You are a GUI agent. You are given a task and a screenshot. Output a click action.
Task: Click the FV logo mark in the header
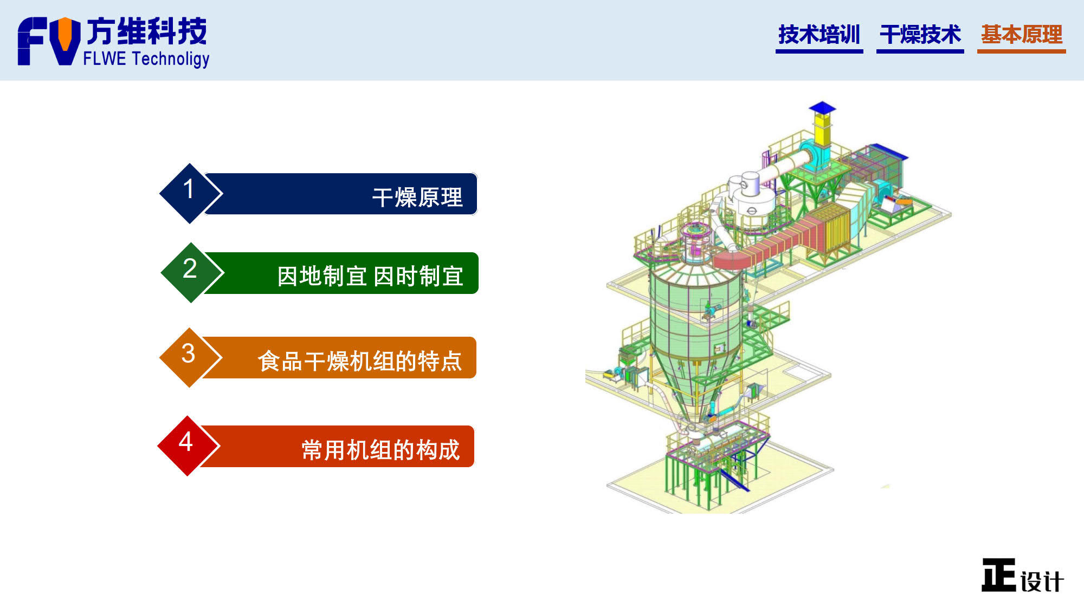(49, 41)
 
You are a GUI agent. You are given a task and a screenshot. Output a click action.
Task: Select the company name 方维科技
(147, 31)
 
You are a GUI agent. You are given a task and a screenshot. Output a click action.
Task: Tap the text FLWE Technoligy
(146, 59)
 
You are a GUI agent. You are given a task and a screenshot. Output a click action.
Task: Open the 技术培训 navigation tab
(819, 35)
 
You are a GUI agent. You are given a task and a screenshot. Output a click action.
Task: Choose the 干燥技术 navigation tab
(920, 35)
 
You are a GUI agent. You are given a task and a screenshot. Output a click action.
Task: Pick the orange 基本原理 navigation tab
(1021, 35)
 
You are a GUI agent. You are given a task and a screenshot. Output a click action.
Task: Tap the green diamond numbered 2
(191, 272)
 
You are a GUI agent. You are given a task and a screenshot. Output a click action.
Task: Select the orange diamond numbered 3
(190, 357)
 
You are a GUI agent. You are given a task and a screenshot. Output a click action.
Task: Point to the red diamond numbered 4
(188, 446)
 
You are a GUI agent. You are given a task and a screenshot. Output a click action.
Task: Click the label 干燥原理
(417, 197)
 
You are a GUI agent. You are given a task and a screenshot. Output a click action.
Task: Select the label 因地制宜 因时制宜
(370, 276)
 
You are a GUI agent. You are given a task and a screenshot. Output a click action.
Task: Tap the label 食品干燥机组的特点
(360, 361)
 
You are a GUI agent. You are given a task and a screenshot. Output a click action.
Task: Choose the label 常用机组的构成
(380, 450)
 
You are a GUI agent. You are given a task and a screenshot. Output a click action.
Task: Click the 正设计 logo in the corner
(1022, 575)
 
